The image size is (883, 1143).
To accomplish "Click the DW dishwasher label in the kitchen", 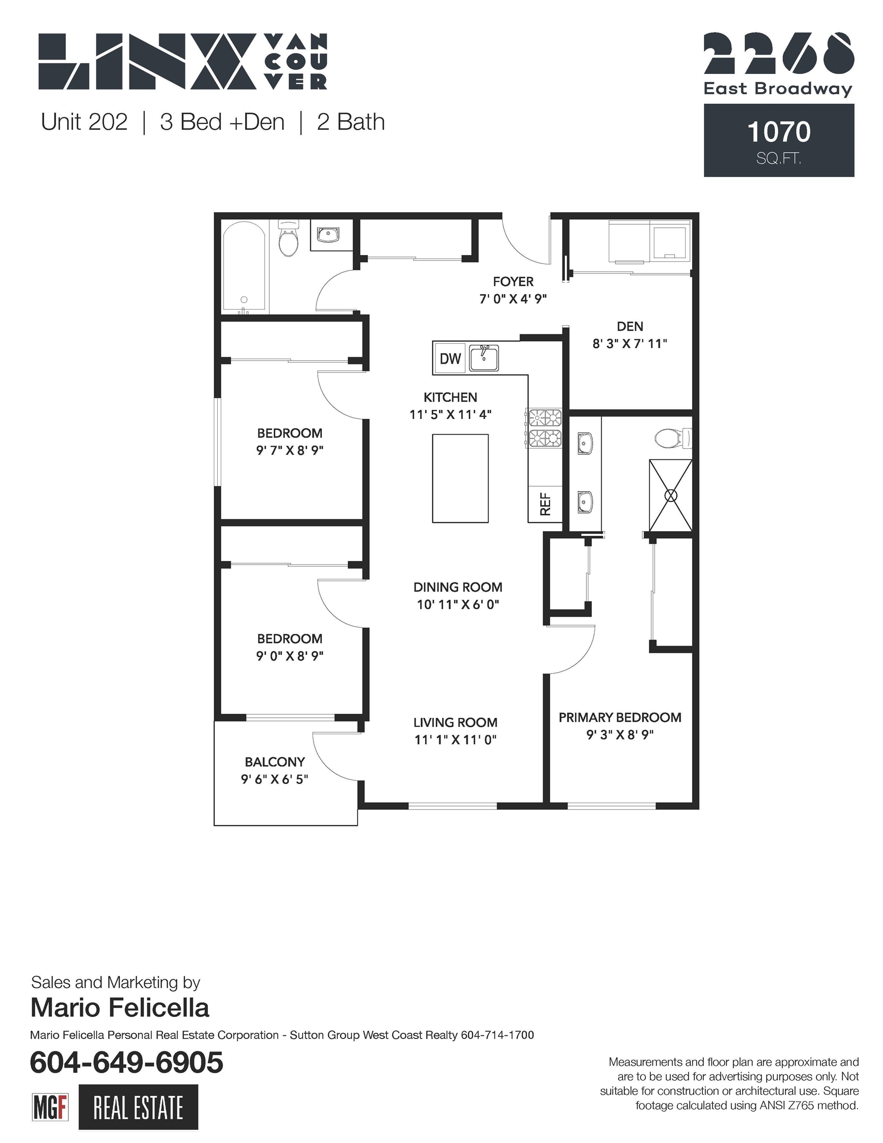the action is pos(450,359).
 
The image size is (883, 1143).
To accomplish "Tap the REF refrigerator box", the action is pos(545,504).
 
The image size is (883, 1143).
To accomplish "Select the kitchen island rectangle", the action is pos(460,478).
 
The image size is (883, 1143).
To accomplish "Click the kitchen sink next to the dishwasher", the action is pos(484,358).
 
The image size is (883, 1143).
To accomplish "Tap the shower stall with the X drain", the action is pos(671,495).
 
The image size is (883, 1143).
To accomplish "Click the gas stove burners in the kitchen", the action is pos(545,428).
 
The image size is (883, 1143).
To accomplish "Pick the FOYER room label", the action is pos(513,282).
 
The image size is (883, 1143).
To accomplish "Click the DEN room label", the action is pos(630,326).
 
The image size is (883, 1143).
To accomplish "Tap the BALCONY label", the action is pos(275,762).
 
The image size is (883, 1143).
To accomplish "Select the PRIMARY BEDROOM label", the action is pos(620,717).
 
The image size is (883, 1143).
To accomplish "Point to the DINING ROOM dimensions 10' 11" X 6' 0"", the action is pos(458,604).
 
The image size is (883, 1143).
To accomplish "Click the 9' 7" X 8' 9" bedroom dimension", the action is pos(289,450).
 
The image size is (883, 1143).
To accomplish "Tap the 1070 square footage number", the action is pos(779,132).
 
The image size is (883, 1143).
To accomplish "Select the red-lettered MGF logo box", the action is pos(51,1107).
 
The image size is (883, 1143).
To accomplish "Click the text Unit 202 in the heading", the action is pos(84,122).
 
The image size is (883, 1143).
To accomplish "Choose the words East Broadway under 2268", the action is pos(778,89).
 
